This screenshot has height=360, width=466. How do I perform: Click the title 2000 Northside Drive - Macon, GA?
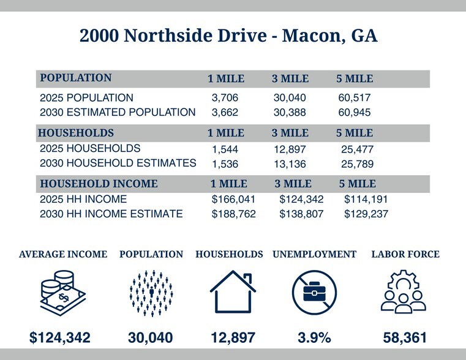click(x=228, y=36)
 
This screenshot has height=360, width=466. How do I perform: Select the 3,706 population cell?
click(x=225, y=98)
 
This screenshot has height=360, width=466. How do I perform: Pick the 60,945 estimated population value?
click(x=354, y=113)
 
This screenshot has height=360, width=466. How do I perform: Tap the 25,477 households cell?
click(x=357, y=149)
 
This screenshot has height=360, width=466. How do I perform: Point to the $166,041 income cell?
click(x=233, y=200)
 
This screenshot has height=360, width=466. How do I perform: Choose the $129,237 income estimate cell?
click(x=366, y=214)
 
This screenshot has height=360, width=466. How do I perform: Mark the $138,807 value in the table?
click(x=301, y=214)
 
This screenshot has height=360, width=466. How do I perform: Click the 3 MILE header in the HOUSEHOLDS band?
click(x=290, y=133)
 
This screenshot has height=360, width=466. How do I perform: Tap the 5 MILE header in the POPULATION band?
click(x=355, y=79)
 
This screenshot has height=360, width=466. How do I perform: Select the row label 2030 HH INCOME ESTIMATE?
click(x=111, y=214)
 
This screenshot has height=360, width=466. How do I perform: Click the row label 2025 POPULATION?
click(x=86, y=98)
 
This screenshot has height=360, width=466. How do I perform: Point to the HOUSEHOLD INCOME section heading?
click(x=99, y=184)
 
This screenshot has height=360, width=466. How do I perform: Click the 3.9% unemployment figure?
click(x=314, y=337)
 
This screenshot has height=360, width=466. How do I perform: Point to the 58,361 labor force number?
click(x=405, y=337)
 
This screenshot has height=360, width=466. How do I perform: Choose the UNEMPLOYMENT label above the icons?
click(x=314, y=254)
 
